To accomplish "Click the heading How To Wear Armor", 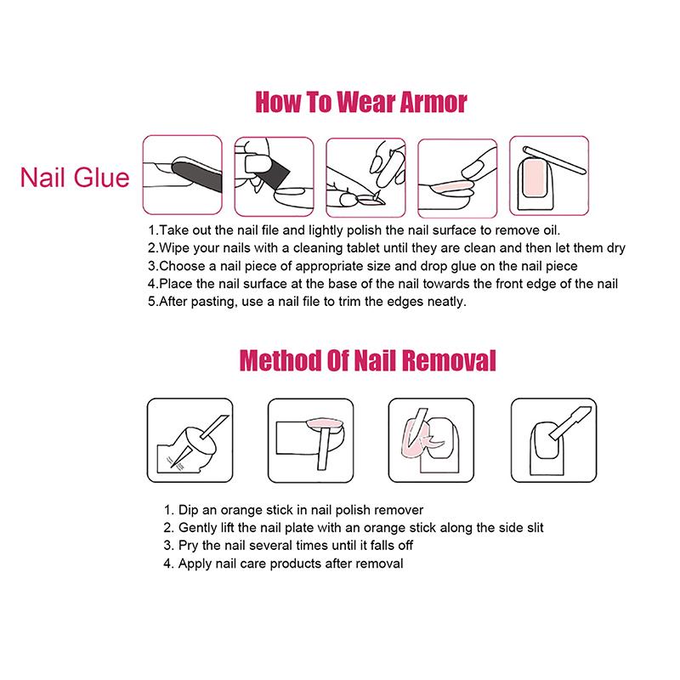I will [x=361, y=104].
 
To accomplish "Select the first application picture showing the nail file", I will [x=181, y=174].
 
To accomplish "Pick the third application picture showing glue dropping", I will [x=364, y=174].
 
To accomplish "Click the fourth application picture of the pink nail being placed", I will [x=456, y=174].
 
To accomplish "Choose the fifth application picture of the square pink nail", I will [x=547, y=174].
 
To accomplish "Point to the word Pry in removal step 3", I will [x=189, y=546].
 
